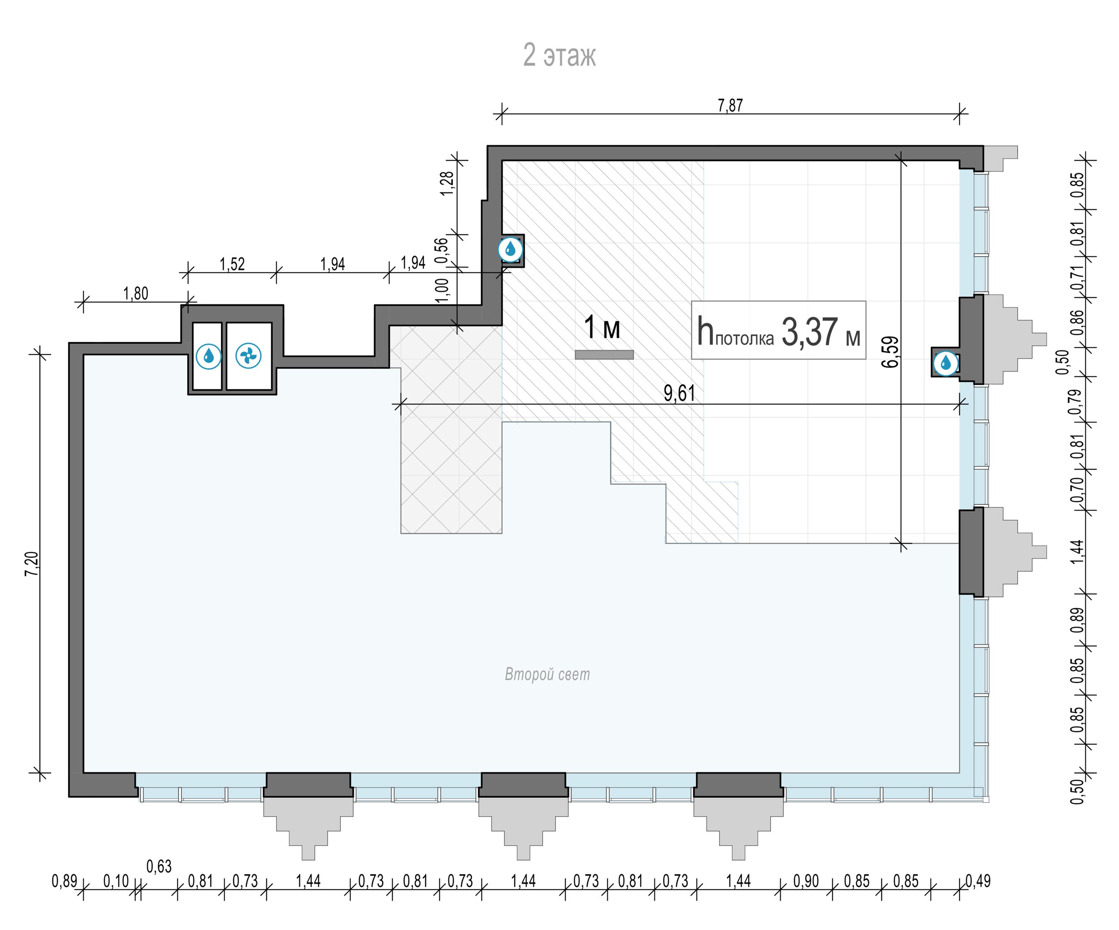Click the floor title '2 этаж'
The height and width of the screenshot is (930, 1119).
coord(559,55)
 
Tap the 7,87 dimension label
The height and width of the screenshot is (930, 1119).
coord(730,106)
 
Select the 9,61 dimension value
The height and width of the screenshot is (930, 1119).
coord(679,393)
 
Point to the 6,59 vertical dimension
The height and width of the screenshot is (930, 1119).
coord(890,351)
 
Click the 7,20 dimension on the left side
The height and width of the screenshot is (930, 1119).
coord(32,563)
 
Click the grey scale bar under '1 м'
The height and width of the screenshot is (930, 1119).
coord(604,355)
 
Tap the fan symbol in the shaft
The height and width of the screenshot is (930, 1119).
coord(248,356)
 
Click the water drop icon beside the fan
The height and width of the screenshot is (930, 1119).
coord(208,356)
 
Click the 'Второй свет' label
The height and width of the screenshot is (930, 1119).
coord(547,674)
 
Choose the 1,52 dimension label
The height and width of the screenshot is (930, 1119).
coord(232,264)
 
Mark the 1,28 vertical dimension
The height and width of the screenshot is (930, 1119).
coord(448,183)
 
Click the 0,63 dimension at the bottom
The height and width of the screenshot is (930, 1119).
coord(159,866)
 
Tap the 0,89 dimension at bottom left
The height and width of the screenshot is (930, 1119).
coord(64,882)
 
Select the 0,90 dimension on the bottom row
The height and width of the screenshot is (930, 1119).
coord(806,882)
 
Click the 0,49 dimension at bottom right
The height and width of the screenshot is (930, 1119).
coord(978,882)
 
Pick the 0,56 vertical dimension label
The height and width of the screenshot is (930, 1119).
coord(442,250)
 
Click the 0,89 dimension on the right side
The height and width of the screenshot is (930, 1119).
coord(1077,621)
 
